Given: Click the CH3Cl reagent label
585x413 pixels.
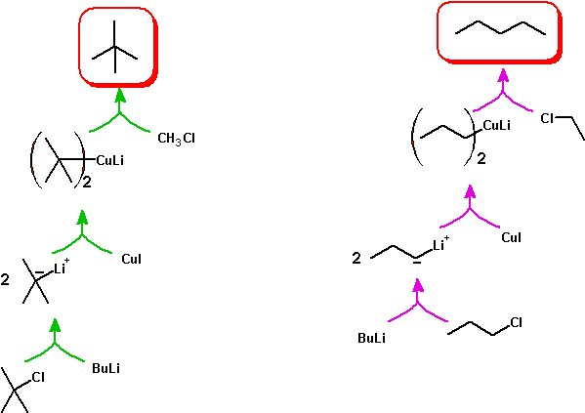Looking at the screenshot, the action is pos(176,139).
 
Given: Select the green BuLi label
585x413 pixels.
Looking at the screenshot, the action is pos(105,369).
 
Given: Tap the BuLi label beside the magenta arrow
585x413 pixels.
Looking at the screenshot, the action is pos(371,338).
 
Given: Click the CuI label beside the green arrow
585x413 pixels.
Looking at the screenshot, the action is pos(131,259).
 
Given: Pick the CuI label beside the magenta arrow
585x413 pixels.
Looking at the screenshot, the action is pos(511,237).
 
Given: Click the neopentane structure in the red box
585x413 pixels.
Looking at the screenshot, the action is pos(115,47).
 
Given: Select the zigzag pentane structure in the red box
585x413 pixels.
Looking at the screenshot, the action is pos(500,28).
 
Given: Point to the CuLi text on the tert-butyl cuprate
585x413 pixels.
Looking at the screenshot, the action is pos(110,160).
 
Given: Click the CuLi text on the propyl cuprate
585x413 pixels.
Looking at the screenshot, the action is pos(496,125).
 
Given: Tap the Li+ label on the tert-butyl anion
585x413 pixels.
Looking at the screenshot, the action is pos(62,267).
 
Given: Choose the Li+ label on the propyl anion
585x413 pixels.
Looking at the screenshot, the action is pos(441,243).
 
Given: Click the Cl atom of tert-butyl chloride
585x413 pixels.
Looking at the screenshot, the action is pos(38,377).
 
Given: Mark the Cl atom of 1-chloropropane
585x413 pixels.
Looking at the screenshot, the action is pos(516,322).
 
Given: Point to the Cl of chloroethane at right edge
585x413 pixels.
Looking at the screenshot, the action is pos(547,119).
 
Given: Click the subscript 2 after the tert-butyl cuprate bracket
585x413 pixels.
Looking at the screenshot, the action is pos(87,183).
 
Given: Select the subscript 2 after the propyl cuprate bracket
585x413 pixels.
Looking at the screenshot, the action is pos(481,159).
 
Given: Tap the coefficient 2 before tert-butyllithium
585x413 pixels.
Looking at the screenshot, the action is pos(5,279).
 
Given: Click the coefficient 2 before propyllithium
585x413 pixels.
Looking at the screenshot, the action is pos(356,258).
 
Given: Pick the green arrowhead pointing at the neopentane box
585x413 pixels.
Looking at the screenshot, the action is pos(120,95).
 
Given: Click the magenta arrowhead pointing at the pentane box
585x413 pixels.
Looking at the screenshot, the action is pos(503,75).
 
